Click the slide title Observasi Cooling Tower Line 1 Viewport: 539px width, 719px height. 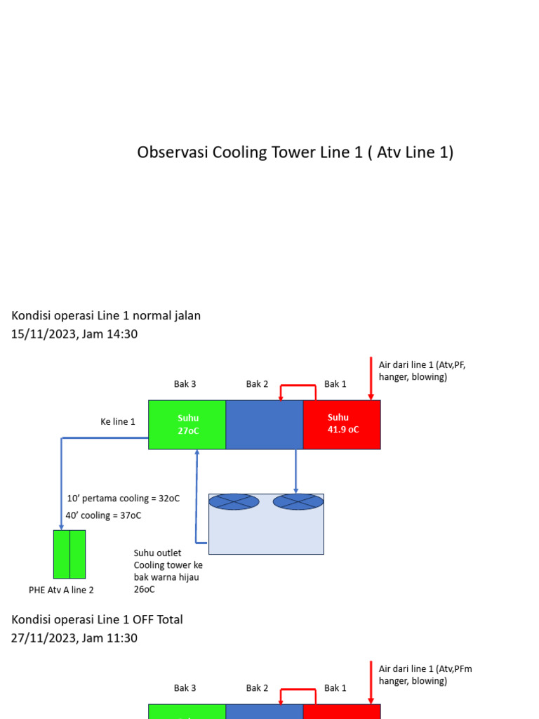coord(295,152)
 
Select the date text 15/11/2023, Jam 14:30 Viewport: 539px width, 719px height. coord(74,334)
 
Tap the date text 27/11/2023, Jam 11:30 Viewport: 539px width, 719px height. coord(74,638)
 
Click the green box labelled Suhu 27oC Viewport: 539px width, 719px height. coord(187,424)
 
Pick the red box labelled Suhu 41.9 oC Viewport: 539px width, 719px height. coord(342,424)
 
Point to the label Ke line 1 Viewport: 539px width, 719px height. coord(118,421)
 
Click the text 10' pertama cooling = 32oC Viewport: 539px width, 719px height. coord(123,499)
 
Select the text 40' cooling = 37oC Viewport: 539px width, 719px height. coord(103,515)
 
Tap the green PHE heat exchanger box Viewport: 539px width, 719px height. coord(69,554)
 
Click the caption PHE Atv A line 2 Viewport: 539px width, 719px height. coord(61,590)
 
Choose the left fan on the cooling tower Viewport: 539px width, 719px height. coord(234,502)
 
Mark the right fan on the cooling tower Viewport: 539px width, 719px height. coord(298,502)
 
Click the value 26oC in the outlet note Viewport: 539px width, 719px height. coord(144,590)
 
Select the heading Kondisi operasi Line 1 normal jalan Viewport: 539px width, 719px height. coord(106,316)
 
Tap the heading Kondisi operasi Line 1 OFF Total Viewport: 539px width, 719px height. coord(97,619)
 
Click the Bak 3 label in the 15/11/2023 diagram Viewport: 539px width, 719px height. coord(185,384)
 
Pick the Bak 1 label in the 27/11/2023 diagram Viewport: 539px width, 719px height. coord(335,688)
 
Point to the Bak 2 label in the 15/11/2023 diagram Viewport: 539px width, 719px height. coord(257,384)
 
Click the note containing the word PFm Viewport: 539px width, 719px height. coord(425,675)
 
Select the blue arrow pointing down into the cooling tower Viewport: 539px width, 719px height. coord(295,472)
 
